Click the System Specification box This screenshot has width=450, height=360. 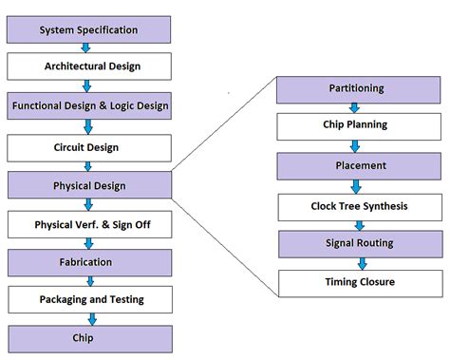click(88, 29)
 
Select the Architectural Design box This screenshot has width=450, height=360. click(88, 66)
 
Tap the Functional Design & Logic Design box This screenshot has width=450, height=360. click(88, 105)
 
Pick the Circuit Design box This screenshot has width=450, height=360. click(88, 147)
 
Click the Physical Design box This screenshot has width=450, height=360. click(88, 185)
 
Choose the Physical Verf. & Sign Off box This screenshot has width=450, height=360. click(88, 224)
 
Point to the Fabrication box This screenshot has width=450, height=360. click(88, 261)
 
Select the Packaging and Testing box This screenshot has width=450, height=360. click(88, 299)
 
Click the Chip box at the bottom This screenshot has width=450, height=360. click(88, 337)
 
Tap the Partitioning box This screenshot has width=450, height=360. click(356, 88)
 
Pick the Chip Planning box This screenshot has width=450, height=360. click(356, 124)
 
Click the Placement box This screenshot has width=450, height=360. click(356, 165)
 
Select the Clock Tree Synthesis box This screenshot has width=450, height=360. click(356, 205)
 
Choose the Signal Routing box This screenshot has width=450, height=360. click(356, 242)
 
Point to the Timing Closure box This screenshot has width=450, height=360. click(356, 281)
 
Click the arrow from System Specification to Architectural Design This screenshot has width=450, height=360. click(88, 47)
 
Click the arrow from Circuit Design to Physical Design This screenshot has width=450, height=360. click(88, 166)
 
